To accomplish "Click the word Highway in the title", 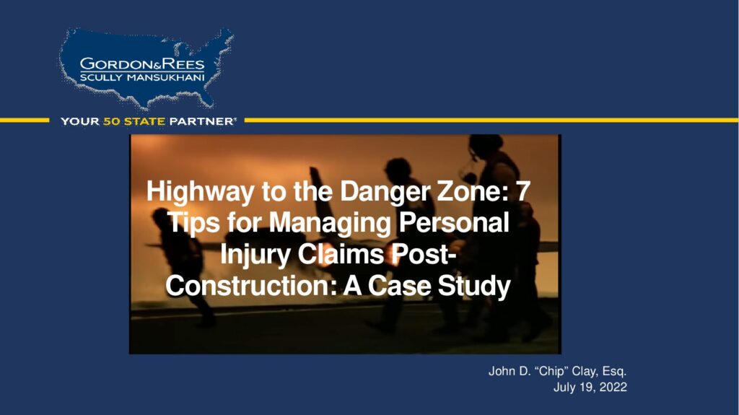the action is tap(200, 192).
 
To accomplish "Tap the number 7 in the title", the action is tap(523, 191).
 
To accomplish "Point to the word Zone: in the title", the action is tap(473, 191).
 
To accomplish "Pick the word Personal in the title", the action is tap(454, 222).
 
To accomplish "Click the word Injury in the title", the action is tap(255, 255).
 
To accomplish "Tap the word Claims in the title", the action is tap(341, 254).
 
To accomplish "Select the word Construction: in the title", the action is tap(251, 285).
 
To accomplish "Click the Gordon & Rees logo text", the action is tap(142, 64).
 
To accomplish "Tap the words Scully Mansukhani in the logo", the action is tap(142, 77).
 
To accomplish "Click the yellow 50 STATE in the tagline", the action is tap(134, 121).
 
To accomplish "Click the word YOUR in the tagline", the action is tap(80, 121).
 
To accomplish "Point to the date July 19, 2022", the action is tap(590, 387).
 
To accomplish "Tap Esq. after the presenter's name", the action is tap(614, 372).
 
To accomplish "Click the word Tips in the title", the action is tap(193, 223).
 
